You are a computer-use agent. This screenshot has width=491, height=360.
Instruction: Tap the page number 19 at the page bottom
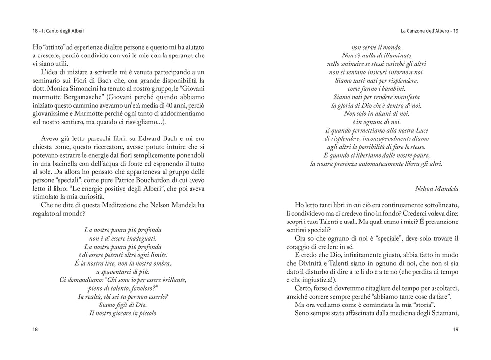tap(456, 330)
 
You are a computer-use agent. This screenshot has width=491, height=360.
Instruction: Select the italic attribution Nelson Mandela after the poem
tap(436, 188)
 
